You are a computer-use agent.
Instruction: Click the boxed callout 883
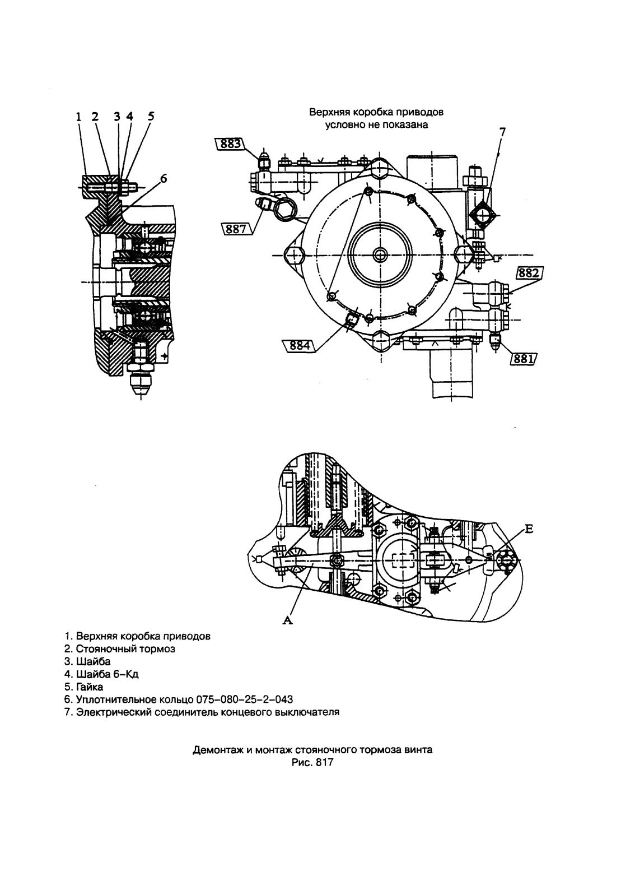click(231, 144)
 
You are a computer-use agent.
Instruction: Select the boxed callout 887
click(236, 229)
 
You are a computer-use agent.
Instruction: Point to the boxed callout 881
click(524, 359)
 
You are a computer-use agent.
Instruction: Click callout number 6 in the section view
click(163, 179)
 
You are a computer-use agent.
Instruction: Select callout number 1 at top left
click(79, 116)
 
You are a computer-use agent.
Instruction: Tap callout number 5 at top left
click(151, 116)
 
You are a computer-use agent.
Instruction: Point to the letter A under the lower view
click(288, 621)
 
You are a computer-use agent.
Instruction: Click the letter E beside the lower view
click(529, 529)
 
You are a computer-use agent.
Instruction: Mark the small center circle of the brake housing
click(380, 255)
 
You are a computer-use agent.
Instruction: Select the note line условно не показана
click(376, 125)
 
